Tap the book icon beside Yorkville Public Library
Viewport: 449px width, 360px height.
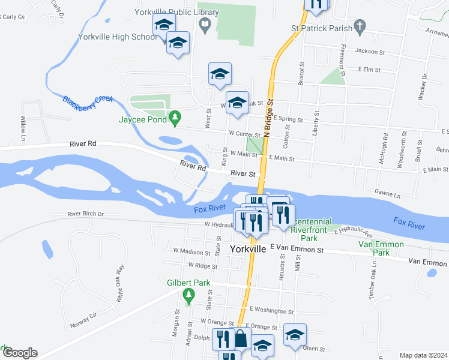[x=205, y=25]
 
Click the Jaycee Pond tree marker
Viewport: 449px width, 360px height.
[x=175, y=119]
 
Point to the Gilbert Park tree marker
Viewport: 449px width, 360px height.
[x=190, y=294]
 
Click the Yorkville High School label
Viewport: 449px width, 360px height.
[x=118, y=37]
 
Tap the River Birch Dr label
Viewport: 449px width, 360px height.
[x=86, y=214]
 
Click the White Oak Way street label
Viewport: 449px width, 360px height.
[x=121, y=282]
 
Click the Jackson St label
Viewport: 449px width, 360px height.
[x=369, y=52]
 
